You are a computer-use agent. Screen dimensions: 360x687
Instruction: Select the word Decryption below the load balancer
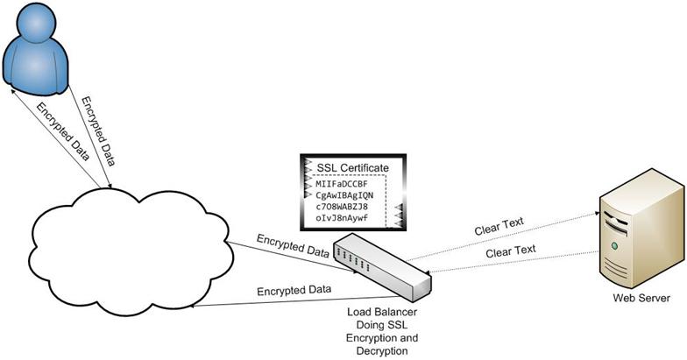(384, 349)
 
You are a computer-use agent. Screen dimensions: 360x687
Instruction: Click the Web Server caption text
(641, 299)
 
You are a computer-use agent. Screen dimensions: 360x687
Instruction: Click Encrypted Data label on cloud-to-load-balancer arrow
(293, 245)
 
